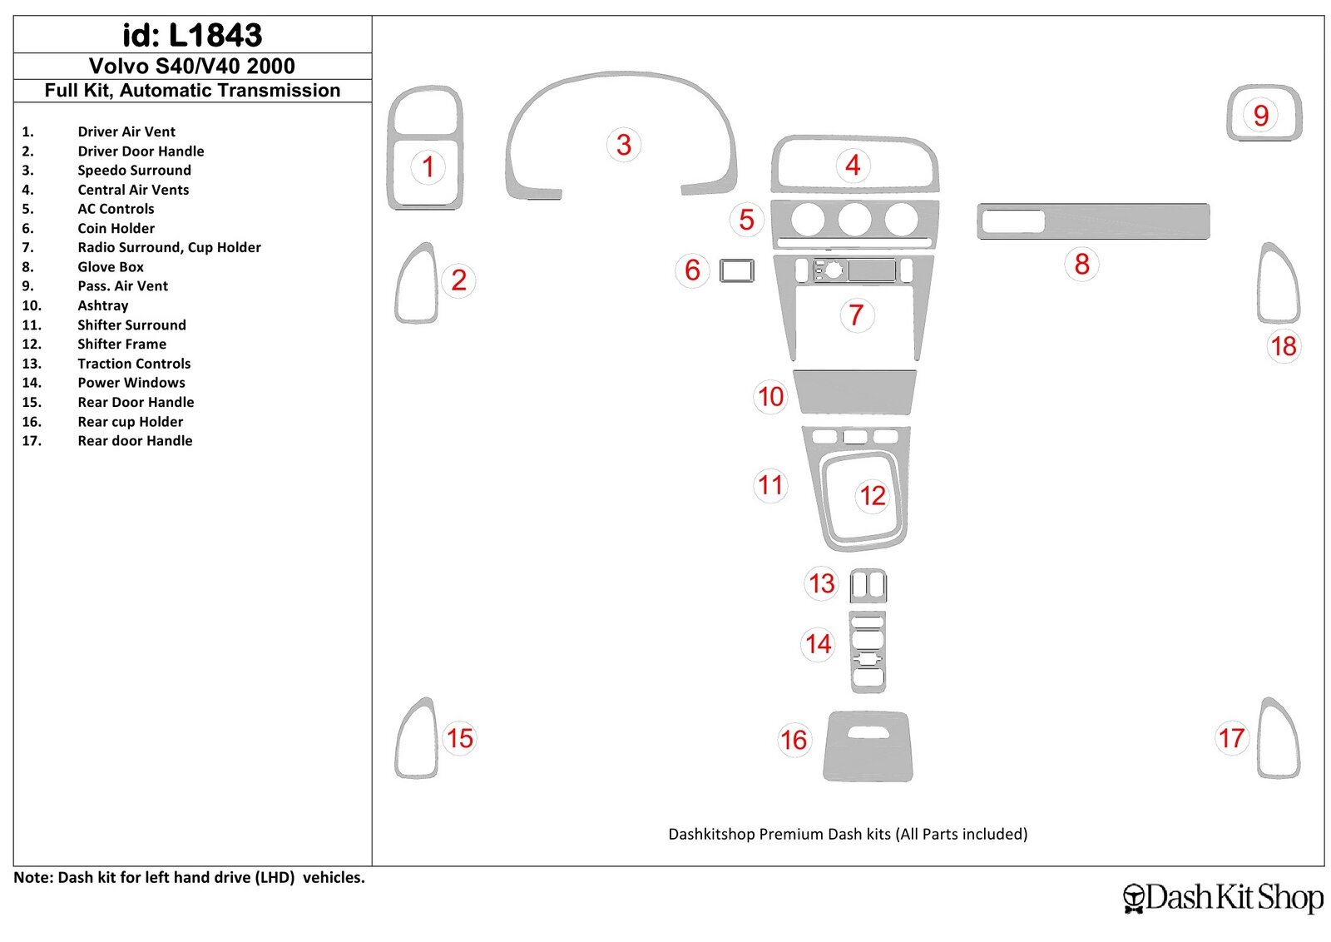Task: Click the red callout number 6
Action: (x=692, y=270)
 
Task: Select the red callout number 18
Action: (x=1284, y=346)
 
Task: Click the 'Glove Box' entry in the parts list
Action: (x=111, y=267)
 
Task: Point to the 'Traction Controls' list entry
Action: (x=134, y=363)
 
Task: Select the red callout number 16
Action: (x=794, y=740)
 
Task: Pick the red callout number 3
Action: (x=623, y=145)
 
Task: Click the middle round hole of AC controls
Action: (x=854, y=220)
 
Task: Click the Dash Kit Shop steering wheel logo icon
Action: (x=1135, y=898)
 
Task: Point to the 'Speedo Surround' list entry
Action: (x=134, y=170)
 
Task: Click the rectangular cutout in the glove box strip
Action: (x=1013, y=221)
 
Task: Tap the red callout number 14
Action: (x=819, y=644)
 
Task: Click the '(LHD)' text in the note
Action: (x=275, y=877)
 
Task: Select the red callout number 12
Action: (x=873, y=496)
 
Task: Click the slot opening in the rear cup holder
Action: (x=868, y=733)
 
